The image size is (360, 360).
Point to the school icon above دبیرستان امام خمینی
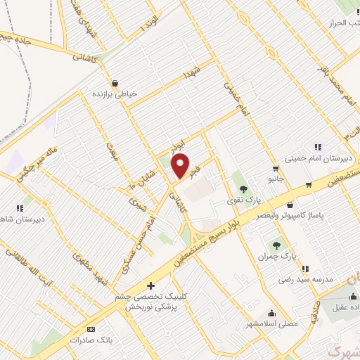click(319, 147)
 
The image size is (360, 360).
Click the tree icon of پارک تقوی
click(243, 189)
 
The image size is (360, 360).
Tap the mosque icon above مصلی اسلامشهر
click(271, 314)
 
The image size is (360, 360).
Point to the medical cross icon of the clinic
click(151, 285)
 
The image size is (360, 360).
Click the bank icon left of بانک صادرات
click(90, 328)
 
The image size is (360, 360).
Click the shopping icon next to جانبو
click(275, 168)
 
